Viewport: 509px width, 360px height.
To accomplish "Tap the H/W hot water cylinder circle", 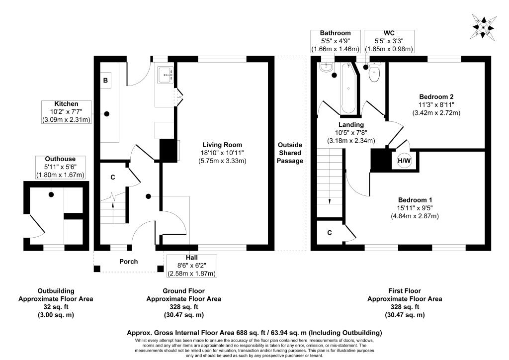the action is click(x=404, y=161).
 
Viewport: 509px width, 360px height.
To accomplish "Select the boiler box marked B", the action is click(x=105, y=80).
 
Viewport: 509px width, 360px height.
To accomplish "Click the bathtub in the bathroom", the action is click(x=348, y=88).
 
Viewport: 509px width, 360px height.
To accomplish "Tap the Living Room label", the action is click(x=222, y=145).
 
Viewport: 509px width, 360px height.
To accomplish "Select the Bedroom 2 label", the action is click(x=436, y=96).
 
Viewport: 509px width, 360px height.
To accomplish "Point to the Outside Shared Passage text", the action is click(x=290, y=153).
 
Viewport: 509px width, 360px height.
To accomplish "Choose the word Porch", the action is click(x=129, y=262).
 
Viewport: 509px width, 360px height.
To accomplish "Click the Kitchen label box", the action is click(x=66, y=112).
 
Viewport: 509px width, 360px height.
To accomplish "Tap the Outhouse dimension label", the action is click(x=60, y=167).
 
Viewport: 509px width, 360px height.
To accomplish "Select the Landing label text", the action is click(x=351, y=124).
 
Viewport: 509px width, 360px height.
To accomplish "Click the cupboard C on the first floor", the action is click(x=330, y=232).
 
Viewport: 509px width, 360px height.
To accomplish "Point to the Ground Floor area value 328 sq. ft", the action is click(x=184, y=307).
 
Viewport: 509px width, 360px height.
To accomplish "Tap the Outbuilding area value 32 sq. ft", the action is click(x=56, y=307).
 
